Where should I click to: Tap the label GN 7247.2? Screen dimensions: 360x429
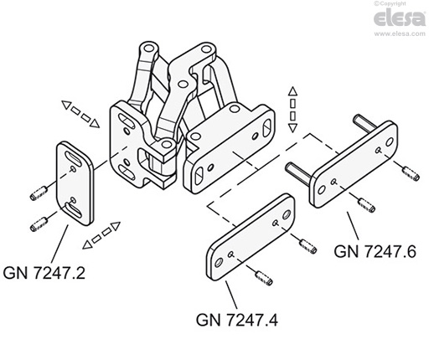(49, 271)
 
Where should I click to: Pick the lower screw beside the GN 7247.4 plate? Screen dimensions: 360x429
(261, 277)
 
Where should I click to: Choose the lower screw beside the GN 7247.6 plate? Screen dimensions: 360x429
(364, 203)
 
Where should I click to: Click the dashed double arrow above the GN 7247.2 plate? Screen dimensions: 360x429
(80, 116)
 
